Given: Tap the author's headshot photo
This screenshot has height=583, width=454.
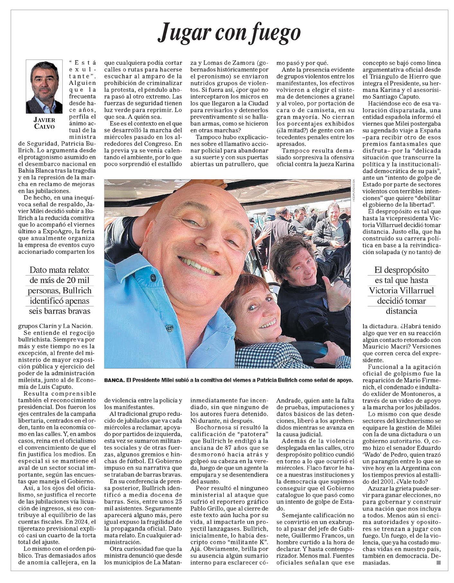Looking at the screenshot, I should [44, 86].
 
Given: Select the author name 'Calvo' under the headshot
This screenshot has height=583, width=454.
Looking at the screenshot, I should [44, 126].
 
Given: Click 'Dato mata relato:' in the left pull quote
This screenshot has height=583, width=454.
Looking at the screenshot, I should [59, 270].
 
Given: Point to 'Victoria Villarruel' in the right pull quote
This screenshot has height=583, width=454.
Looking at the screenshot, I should [401, 291].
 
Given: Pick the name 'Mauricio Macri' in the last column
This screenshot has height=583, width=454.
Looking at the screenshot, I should [385, 347].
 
